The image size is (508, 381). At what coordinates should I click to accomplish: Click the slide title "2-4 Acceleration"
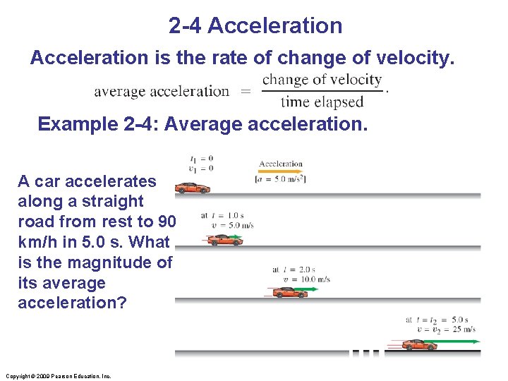click(x=255, y=26)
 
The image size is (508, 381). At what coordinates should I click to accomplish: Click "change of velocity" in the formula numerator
click(x=322, y=80)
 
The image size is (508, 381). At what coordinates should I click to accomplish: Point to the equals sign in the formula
click(x=246, y=91)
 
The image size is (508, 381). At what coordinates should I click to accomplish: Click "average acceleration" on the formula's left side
click(x=162, y=91)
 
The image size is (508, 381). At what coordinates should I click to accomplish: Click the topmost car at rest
click(x=193, y=188)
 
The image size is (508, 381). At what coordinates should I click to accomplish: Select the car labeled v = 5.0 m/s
click(x=225, y=240)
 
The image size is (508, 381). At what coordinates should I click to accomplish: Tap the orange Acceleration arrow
click(x=280, y=171)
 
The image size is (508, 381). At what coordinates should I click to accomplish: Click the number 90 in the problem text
click(x=167, y=222)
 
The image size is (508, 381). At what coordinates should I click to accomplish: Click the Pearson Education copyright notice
click(x=57, y=376)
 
